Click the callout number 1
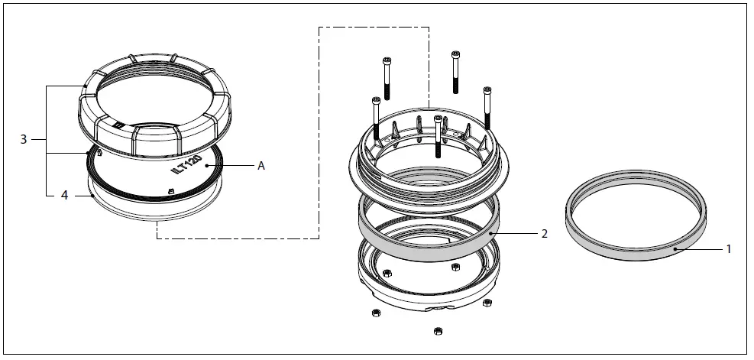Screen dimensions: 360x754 tap(728, 249)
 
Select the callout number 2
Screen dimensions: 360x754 tap(543, 234)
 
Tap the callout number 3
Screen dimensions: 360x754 tap(24, 139)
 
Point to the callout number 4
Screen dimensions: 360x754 tap(64, 196)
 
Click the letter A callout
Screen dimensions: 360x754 tap(261, 165)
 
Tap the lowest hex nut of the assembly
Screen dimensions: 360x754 tap(438, 331)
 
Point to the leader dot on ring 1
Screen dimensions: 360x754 tap(675, 248)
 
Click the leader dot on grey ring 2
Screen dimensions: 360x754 tap(493, 229)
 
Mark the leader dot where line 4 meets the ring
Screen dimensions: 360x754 tap(92, 196)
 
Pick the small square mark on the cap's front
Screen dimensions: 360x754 tap(118, 122)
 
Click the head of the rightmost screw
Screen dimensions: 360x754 tap(487, 92)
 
